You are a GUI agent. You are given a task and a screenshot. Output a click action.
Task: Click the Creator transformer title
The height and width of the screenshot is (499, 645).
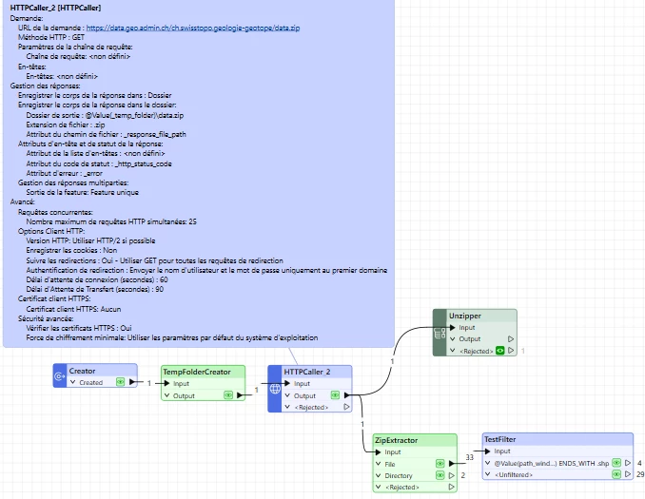pyautogui.click(x=83, y=371)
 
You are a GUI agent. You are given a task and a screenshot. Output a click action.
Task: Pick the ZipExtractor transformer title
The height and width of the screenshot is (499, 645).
pyautogui.click(x=395, y=440)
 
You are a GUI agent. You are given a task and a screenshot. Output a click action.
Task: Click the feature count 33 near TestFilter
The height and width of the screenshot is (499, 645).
pyautogui.click(x=469, y=457)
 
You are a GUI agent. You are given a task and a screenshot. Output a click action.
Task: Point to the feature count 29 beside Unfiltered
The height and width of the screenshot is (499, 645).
pyautogui.click(x=640, y=473)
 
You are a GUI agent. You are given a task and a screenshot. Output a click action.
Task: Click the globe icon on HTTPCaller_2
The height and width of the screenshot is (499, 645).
pyautogui.click(x=274, y=390)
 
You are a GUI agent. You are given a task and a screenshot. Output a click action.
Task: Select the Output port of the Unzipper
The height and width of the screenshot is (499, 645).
pyautogui.click(x=470, y=338)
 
